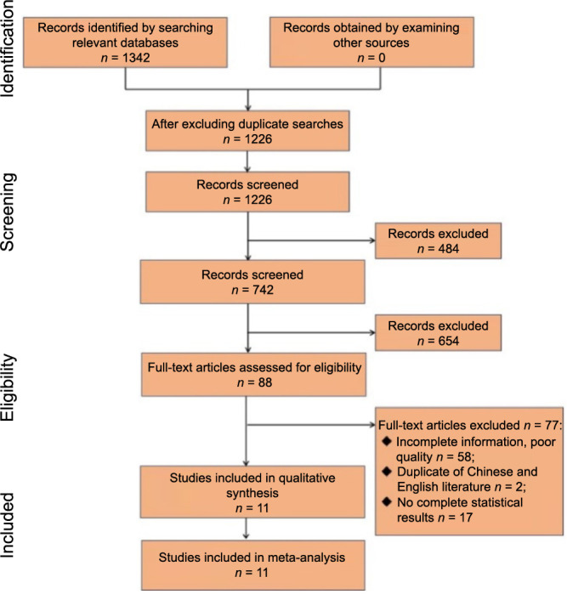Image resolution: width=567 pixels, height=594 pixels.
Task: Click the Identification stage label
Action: pyautogui.click(x=7, y=48)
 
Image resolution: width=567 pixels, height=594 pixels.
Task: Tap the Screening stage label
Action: pyautogui.click(x=7, y=212)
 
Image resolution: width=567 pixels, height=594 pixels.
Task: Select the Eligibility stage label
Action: pyautogui.click(x=7, y=388)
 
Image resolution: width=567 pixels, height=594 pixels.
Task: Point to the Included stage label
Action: pyautogui.click(x=7, y=525)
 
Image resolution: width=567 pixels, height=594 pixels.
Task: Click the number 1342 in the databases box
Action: pyautogui.click(x=136, y=58)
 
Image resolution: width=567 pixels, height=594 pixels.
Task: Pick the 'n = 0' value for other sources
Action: pyautogui.click(x=371, y=58)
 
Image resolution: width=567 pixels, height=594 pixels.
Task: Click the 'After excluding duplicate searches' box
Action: pyautogui.click(x=247, y=131)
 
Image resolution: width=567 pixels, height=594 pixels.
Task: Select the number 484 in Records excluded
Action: pyautogui.click(x=448, y=249)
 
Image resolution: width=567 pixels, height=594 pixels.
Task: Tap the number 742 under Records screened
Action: pyautogui.click(x=263, y=290)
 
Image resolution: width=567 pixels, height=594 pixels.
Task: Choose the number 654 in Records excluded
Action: pyautogui.click(x=448, y=341)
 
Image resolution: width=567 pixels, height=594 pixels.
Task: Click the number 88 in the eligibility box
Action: pyautogui.click(x=265, y=382)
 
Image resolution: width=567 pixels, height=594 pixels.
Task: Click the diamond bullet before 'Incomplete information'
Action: pyautogui.click(x=387, y=441)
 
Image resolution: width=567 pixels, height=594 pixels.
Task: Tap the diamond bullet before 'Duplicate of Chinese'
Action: pyautogui.click(x=387, y=472)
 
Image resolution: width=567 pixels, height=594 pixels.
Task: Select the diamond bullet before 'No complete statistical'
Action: pyautogui.click(x=387, y=502)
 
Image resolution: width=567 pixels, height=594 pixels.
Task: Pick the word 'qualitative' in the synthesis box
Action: pyautogui.click(x=307, y=478)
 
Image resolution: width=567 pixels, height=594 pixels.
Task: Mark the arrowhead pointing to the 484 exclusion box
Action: pyautogui.click(x=372, y=240)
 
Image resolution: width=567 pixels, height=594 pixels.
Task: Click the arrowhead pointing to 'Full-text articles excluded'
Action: pyautogui.click(x=372, y=425)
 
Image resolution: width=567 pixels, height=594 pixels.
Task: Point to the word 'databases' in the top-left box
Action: pyautogui.click(x=150, y=42)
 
